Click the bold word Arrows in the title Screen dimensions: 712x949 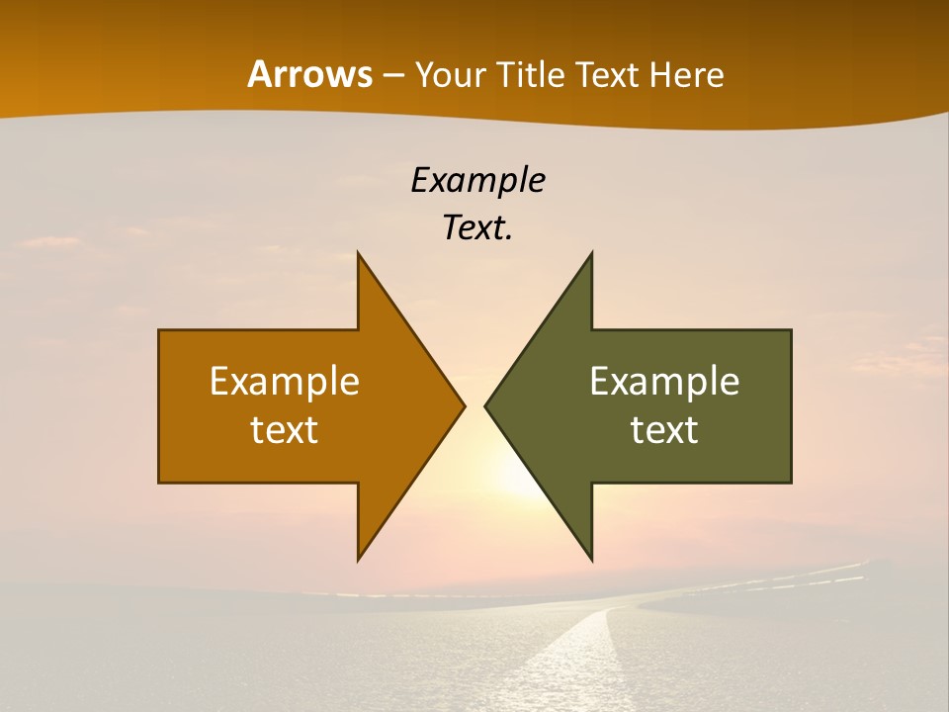tap(308, 74)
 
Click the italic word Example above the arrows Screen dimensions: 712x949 tap(477, 181)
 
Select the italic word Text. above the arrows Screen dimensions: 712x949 tap(477, 227)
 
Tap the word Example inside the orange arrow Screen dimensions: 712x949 tap(285, 382)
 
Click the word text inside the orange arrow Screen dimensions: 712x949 tap(285, 429)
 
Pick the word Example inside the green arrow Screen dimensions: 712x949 tap(664, 382)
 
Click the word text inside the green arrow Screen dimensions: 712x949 tap(664, 429)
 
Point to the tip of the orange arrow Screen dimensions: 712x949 tap(463, 405)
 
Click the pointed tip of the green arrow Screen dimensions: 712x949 tap(486, 405)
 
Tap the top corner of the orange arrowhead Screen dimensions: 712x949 tap(359, 255)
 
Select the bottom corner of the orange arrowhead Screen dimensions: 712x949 tap(359, 559)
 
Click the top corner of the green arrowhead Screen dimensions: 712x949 tap(591, 255)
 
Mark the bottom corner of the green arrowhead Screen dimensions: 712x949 tap(591, 559)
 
